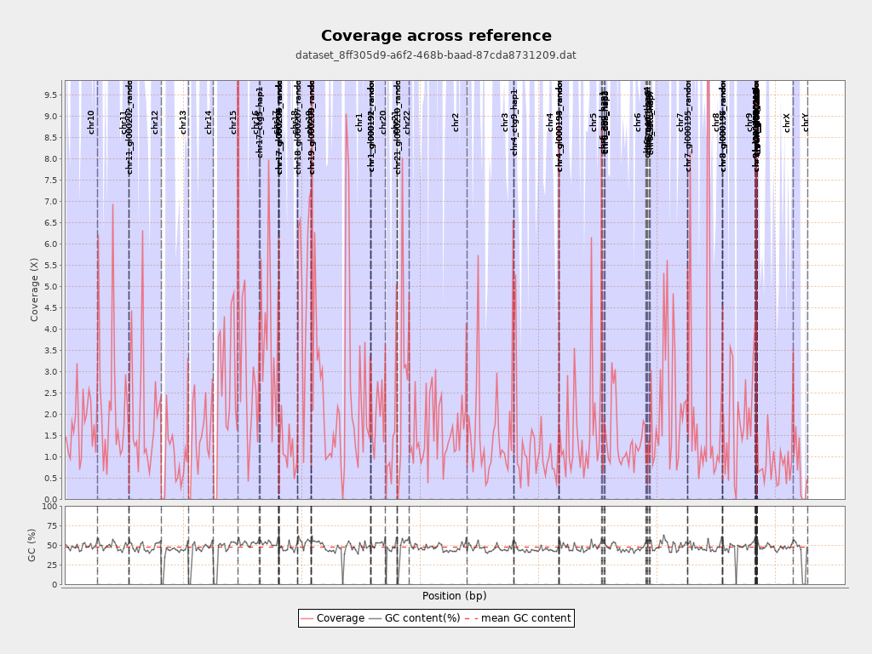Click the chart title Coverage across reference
coord(436,36)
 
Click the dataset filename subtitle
coord(436,55)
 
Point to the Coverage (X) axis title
coord(35,290)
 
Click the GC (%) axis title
coord(32,545)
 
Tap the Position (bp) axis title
coord(455,596)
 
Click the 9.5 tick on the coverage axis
coord(50,95)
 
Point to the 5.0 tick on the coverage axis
coord(50,286)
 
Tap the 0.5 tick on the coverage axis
coord(50,478)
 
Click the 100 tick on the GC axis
coord(49,507)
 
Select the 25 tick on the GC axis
coord(52,565)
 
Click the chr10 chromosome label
coord(91,122)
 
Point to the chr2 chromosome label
coord(456,122)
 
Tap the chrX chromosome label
coord(787,122)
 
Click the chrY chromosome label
coord(806,122)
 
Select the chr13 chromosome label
coord(183,122)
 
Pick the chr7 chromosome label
coord(680,122)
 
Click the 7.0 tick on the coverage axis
coord(50,201)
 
